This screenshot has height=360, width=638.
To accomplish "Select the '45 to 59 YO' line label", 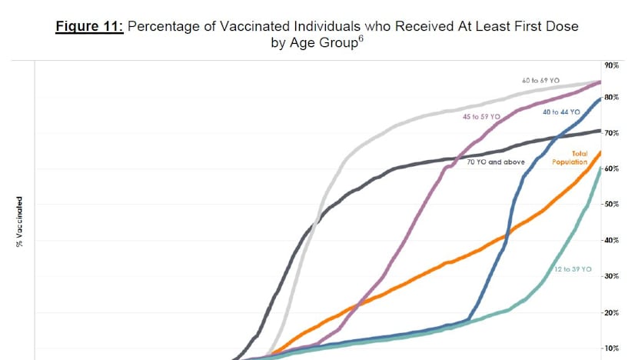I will (481, 116).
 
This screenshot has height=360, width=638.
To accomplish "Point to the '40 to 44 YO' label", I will (561, 112).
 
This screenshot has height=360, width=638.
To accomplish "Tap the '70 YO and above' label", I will (496, 162).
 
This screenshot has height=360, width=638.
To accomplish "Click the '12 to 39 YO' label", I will (573, 269).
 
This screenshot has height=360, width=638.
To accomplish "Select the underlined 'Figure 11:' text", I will (91, 26).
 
